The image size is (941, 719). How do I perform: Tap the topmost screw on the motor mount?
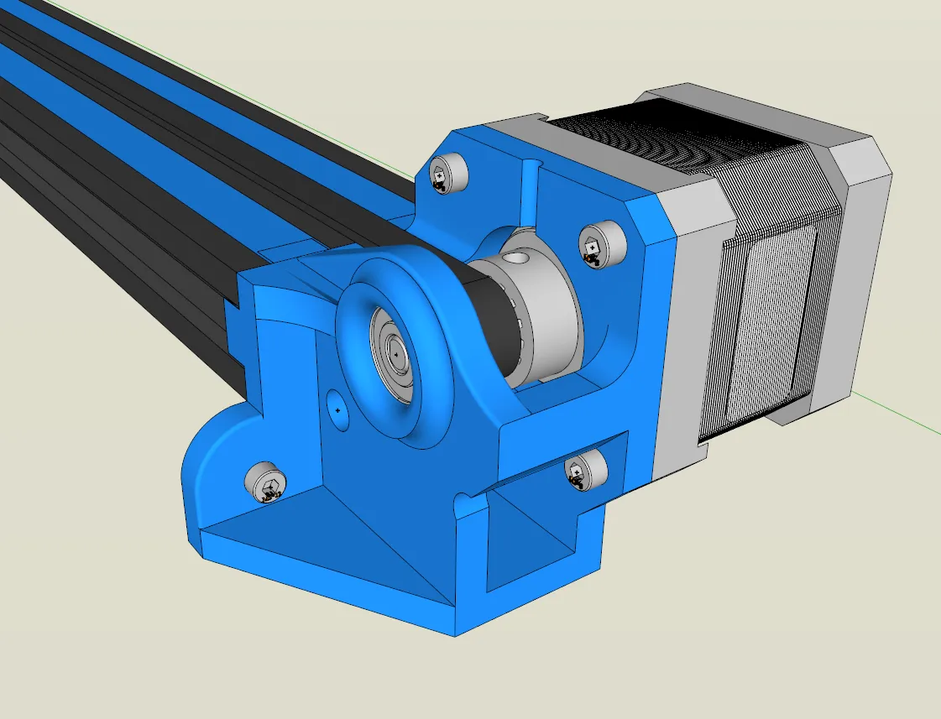pyautogui.click(x=446, y=175)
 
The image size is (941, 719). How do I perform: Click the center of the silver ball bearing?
pyautogui.click(x=395, y=352)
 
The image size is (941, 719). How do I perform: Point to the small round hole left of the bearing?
pyautogui.click(x=337, y=409)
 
